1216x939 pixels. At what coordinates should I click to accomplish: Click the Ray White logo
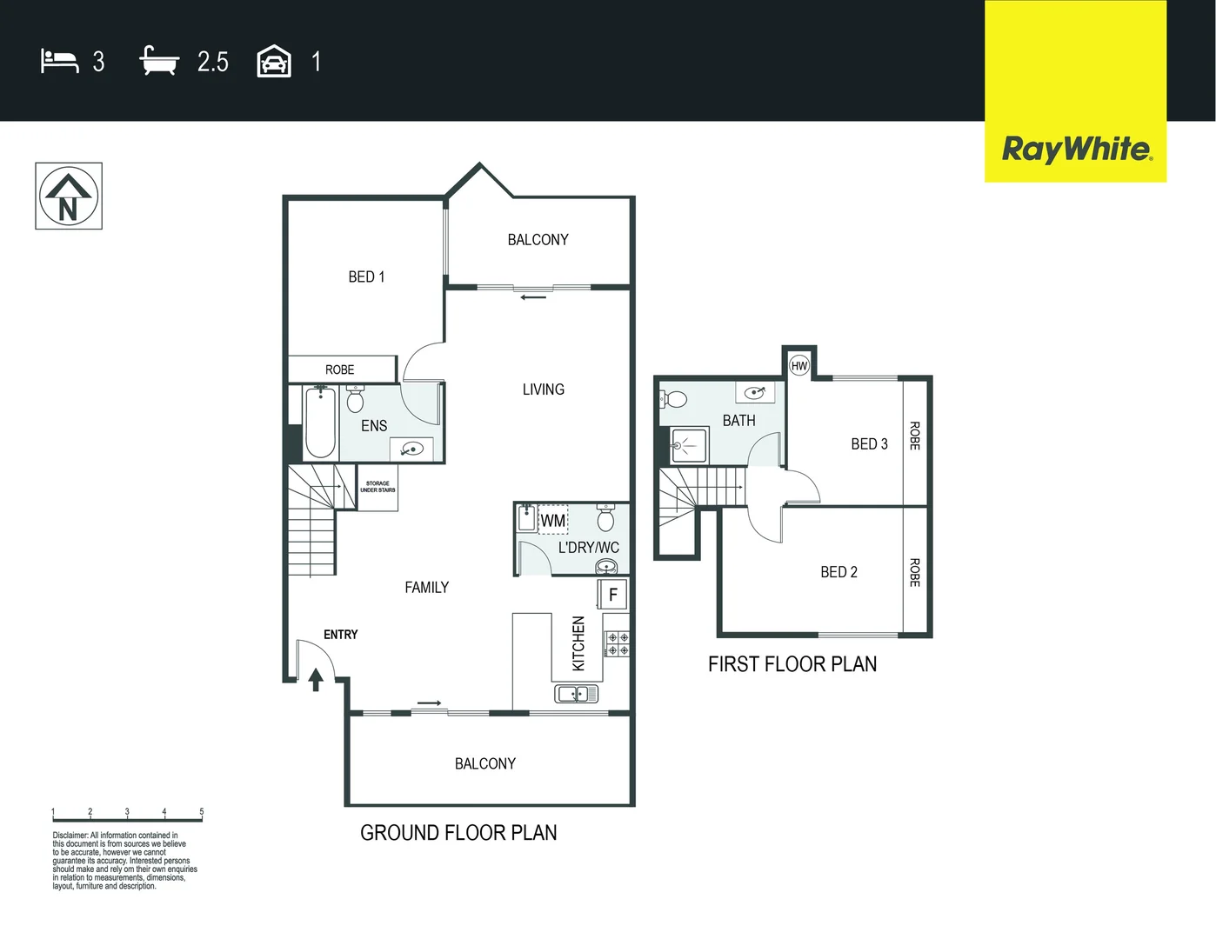click(x=1076, y=149)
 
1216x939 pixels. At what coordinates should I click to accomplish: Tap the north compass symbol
click(x=69, y=196)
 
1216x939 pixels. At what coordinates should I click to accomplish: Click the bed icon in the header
click(x=59, y=61)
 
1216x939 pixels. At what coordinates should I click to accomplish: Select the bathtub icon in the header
click(x=159, y=61)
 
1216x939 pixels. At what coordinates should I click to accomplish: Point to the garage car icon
click(x=274, y=62)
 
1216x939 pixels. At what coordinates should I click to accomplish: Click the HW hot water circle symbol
click(x=799, y=366)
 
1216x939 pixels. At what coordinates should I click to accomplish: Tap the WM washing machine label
click(x=553, y=521)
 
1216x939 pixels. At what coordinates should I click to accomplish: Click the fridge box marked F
click(x=612, y=595)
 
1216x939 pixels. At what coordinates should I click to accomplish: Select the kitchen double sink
click(x=576, y=694)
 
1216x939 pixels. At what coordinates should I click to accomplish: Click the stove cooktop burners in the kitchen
click(x=618, y=644)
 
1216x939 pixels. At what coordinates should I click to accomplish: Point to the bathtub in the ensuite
click(x=320, y=423)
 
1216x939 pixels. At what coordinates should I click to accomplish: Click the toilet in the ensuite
click(x=355, y=400)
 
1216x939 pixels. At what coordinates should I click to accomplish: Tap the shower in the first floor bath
click(x=689, y=446)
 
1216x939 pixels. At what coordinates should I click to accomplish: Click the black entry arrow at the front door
click(x=316, y=679)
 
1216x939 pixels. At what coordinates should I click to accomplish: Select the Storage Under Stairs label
click(x=377, y=487)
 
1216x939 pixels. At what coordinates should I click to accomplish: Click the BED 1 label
click(x=366, y=276)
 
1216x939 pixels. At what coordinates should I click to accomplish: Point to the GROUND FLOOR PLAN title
click(x=458, y=833)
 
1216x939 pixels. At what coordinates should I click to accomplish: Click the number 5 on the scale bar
click(x=201, y=811)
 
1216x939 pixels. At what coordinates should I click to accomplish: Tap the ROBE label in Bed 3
click(x=914, y=436)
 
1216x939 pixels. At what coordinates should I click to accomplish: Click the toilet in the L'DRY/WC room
click(x=605, y=519)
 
